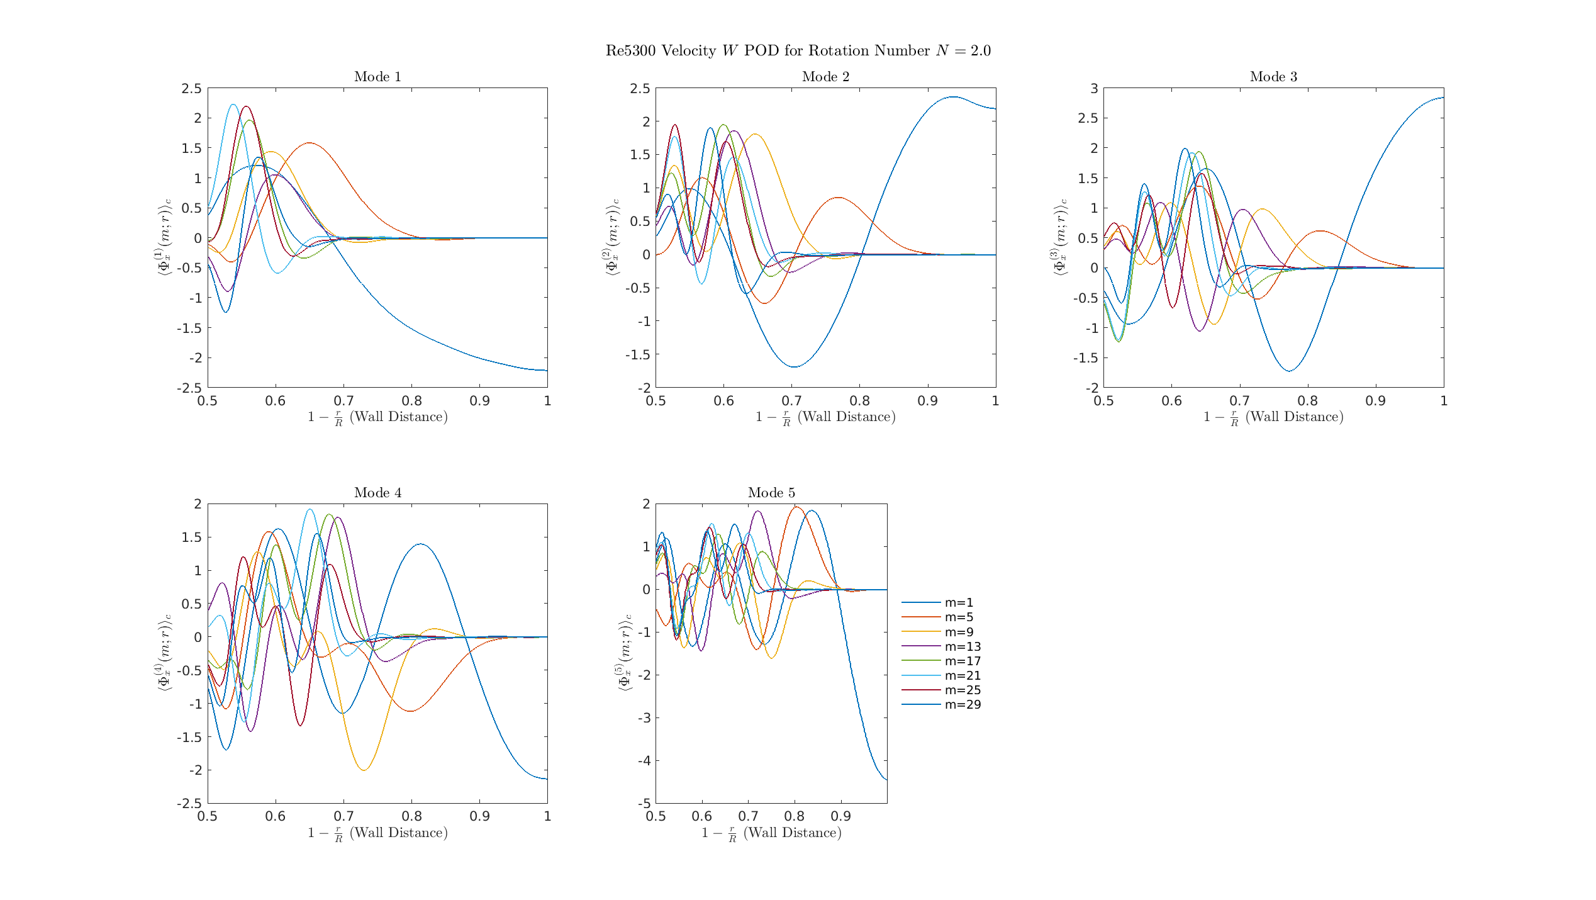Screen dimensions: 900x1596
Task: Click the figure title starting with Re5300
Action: coord(798,51)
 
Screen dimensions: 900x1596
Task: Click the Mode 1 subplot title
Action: coord(377,77)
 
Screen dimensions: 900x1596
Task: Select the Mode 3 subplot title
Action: coord(1273,77)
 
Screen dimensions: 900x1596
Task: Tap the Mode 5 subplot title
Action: coord(771,493)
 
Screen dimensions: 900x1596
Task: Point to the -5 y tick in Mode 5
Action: coord(644,804)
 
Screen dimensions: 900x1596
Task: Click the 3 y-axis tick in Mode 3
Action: coord(1094,89)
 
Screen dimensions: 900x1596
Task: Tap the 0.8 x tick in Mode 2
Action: coord(859,401)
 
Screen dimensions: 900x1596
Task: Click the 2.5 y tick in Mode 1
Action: coord(192,89)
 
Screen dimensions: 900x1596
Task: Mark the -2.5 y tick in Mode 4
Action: coord(189,804)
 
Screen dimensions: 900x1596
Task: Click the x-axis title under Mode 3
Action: coord(1273,417)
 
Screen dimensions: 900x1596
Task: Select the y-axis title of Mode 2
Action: coord(612,237)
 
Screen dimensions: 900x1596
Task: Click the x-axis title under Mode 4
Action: coord(377,833)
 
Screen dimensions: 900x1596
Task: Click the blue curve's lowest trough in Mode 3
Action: coord(1290,371)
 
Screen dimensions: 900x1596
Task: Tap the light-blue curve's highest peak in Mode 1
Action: coord(233,104)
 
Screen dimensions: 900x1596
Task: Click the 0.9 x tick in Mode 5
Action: coord(840,816)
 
